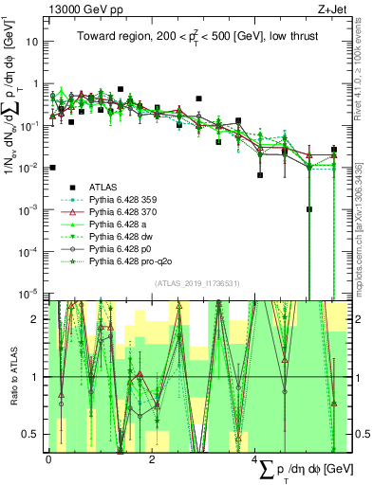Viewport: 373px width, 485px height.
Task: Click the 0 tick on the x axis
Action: coord(48,462)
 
